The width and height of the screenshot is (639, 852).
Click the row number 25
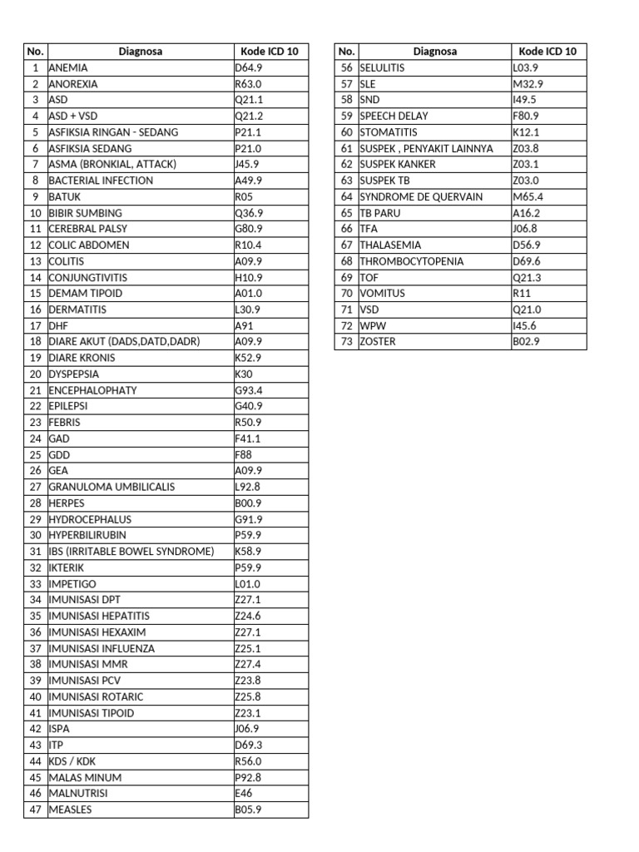[35, 455]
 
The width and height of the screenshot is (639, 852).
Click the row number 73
[347, 342]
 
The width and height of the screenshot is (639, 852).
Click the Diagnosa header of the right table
[434, 51]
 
